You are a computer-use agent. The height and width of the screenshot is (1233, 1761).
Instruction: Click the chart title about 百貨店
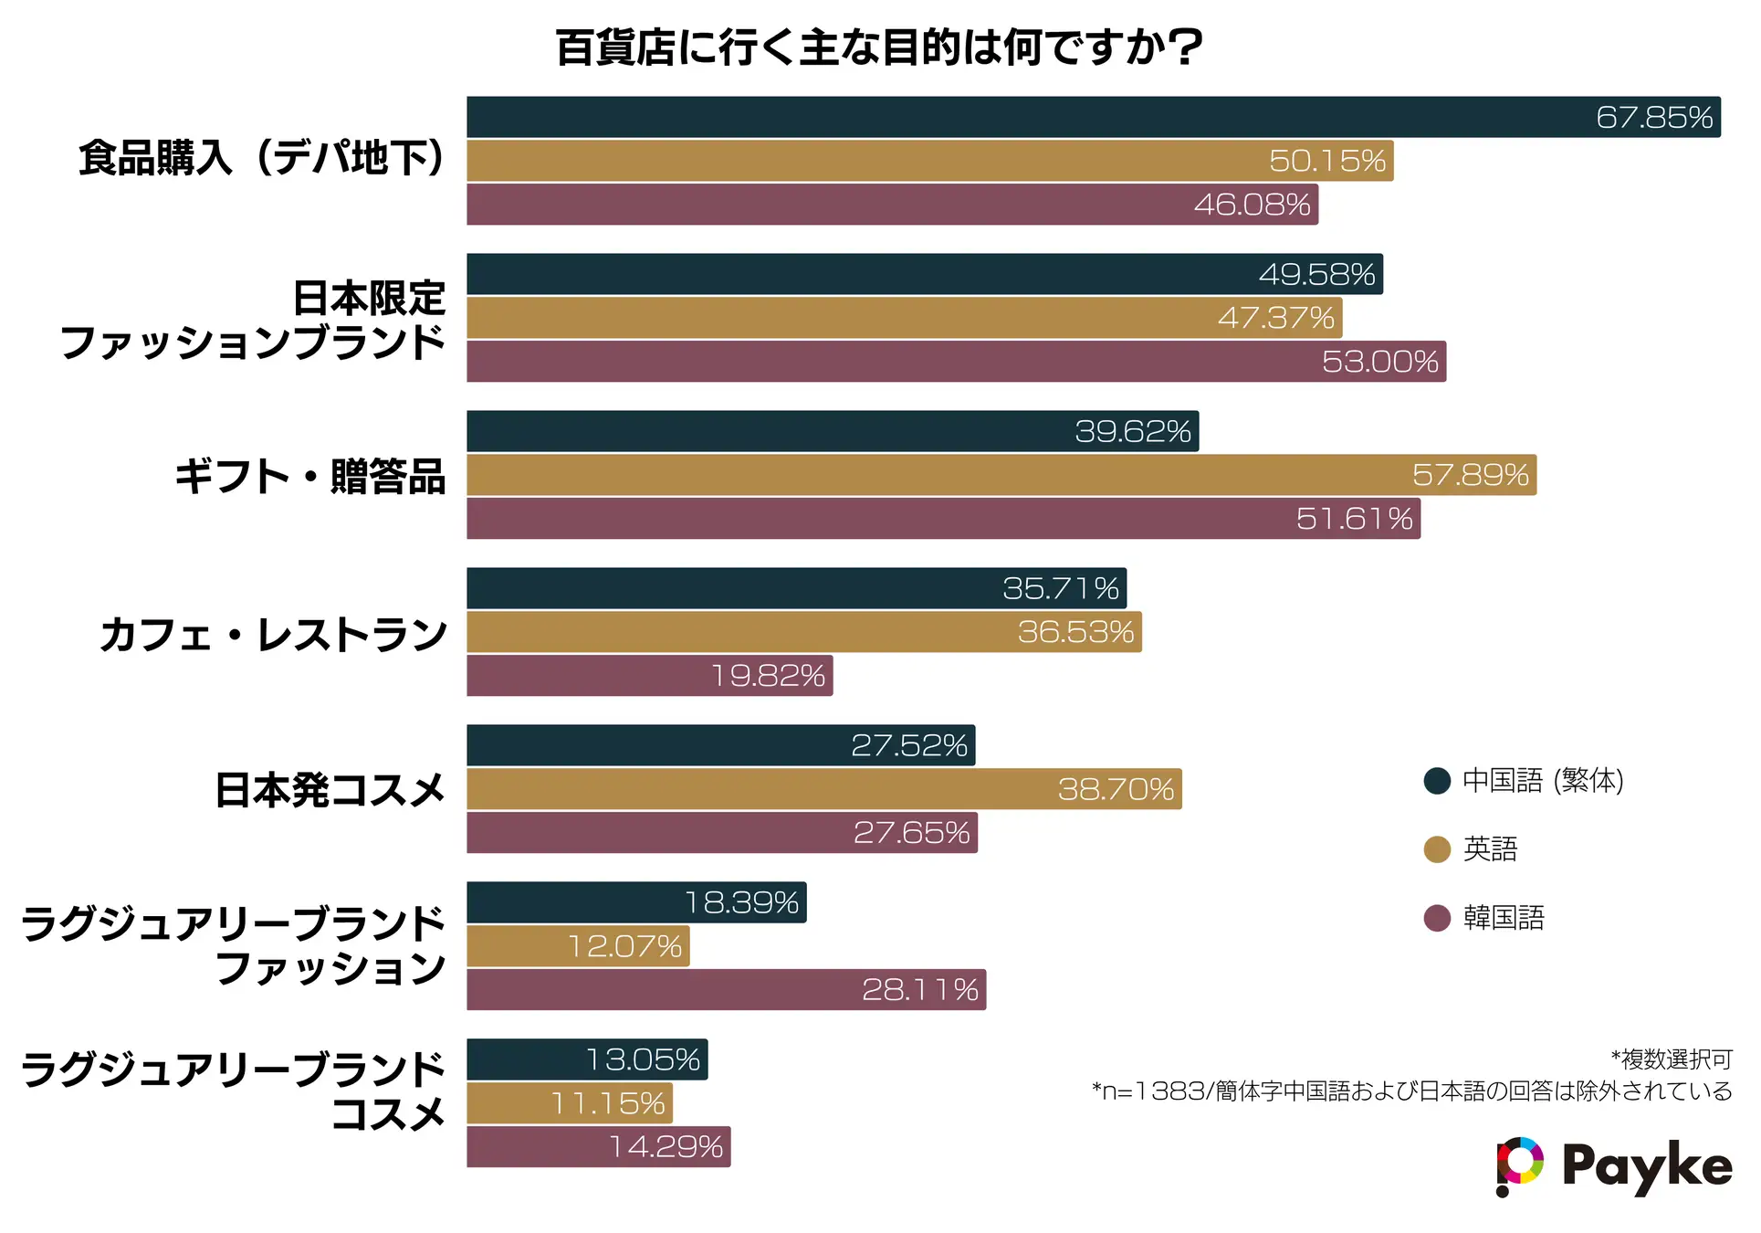pyautogui.click(x=879, y=47)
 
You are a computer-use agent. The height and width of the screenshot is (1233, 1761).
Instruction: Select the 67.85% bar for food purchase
pyautogui.click(x=1093, y=117)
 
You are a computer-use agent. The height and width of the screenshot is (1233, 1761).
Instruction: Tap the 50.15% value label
pyautogui.click(x=1326, y=161)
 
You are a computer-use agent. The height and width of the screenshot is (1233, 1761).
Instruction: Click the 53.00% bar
pyautogui.click(x=956, y=362)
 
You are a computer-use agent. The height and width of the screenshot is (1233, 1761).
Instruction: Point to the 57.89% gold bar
pyautogui.click(x=1001, y=475)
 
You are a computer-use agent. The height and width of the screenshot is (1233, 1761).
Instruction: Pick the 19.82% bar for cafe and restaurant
pyautogui.click(x=649, y=676)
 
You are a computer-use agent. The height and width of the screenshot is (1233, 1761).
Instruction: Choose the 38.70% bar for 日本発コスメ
pyautogui.click(x=823, y=789)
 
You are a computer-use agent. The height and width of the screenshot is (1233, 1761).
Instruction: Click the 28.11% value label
pyautogui.click(x=919, y=990)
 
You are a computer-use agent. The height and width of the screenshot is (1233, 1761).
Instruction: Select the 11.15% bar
pyautogui.click(x=570, y=1103)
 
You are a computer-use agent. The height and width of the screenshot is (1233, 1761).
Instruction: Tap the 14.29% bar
pyautogui.click(x=598, y=1147)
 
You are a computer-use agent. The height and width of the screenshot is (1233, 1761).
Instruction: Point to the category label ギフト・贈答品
pyautogui.click(x=310, y=477)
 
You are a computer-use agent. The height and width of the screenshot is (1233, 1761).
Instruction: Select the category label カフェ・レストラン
pyautogui.click(x=274, y=634)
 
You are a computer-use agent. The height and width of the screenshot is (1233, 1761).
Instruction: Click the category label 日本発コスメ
pyautogui.click(x=330, y=790)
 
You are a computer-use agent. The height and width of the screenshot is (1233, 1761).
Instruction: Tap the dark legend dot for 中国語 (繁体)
pyautogui.click(x=1437, y=781)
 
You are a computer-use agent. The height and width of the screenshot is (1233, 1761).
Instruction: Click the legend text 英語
pyautogui.click(x=1490, y=849)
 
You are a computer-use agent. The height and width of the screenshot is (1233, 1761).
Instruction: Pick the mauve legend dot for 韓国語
pyautogui.click(x=1437, y=918)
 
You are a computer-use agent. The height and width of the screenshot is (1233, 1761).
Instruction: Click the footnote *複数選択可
pyautogui.click(x=1672, y=1059)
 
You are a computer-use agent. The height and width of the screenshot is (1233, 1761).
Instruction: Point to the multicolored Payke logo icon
pyautogui.click(x=1519, y=1165)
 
